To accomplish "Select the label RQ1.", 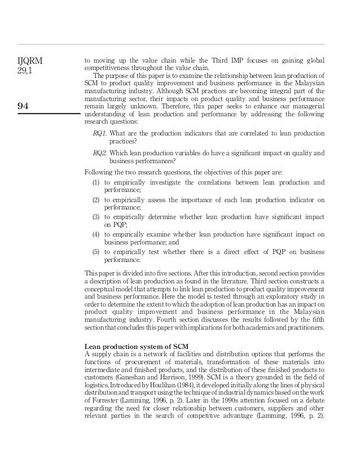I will tap(99, 133).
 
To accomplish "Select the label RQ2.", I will tap(100, 152).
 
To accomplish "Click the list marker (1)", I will tap(96, 182).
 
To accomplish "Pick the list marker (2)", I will tap(96, 200).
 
